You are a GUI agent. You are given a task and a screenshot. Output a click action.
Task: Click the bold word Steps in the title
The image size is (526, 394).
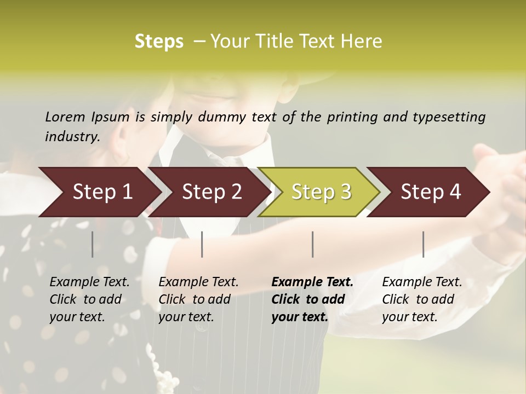pos(159,42)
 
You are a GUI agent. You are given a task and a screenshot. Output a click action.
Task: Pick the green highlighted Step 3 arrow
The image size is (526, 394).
pos(321,192)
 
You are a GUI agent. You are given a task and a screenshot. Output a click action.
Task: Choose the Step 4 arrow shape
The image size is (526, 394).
pos(431,192)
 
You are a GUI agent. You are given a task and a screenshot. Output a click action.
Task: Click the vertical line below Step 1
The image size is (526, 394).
pos(93,244)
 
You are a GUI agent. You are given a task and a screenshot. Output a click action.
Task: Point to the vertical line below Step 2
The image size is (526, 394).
pos(202,244)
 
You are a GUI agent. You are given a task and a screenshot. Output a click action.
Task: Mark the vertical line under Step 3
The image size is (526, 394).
pos(313,244)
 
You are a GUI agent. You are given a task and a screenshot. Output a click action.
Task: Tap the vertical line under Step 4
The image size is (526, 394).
pos(424,244)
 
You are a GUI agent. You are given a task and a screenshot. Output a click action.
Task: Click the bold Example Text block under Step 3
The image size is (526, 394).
pos(312,299)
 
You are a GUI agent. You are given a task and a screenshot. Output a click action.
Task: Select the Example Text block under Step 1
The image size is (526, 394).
pos(89,299)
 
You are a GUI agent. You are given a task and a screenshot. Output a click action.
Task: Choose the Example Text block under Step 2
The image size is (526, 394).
pos(198,299)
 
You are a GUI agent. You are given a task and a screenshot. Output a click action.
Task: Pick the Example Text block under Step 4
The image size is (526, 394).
pos(422,299)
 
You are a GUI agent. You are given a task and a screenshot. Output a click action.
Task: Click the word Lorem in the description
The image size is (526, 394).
pos(65,117)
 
